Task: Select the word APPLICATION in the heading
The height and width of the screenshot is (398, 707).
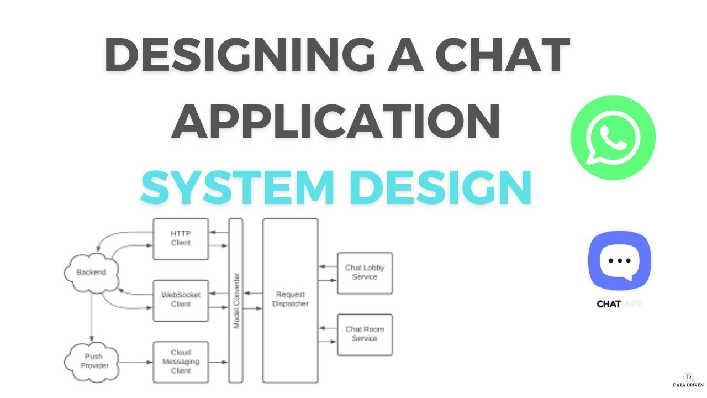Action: click(x=335, y=120)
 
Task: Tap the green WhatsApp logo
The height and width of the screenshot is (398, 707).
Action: click(x=613, y=138)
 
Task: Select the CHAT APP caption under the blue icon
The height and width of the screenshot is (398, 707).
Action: click(x=620, y=304)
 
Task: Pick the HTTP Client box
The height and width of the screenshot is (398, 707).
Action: click(x=181, y=239)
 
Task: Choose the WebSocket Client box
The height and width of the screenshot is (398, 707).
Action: click(x=181, y=300)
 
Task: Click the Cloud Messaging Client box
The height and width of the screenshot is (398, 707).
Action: click(x=181, y=362)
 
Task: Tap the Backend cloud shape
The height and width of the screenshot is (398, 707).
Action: click(x=91, y=273)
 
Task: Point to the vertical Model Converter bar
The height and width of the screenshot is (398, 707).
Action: click(x=236, y=300)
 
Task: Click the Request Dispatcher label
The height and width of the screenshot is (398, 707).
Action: click(x=290, y=299)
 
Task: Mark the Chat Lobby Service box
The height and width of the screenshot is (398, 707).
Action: click(x=365, y=273)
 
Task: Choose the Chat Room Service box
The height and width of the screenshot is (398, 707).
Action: click(x=365, y=334)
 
